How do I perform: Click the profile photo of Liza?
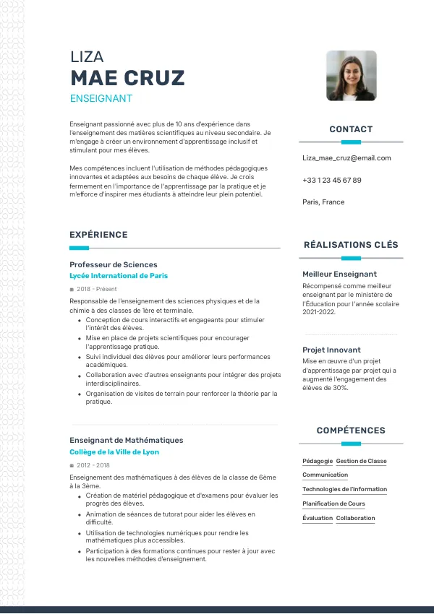pyautogui.click(x=351, y=75)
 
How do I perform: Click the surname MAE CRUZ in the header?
pyautogui.click(x=127, y=78)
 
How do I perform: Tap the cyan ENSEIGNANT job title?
pyautogui.click(x=101, y=98)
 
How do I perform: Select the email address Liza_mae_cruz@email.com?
pyautogui.click(x=346, y=157)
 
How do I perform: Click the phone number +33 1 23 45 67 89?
pyautogui.click(x=332, y=180)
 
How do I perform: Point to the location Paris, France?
pyautogui.click(x=323, y=202)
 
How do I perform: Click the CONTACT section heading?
pyautogui.click(x=351, y=129)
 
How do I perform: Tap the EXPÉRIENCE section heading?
pyautogui.click(x=98, y=234)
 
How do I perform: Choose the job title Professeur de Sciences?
pyautogui.click(x=113, y=264)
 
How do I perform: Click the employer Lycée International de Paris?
pyautogui.click(x=119, y=276)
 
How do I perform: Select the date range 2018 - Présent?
pyautogui.click(x=96, y=289)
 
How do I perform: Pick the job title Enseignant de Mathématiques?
pyautogui.click(x=126, y=440)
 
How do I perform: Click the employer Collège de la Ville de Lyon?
pyautogui.click(x=114, y=452)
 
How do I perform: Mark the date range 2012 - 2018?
pyautogui.click(x=93, y=465)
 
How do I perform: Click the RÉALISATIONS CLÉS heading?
pyautogui.click(x=351, y=245)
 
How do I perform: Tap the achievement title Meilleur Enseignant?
pyautogui.click(x=339, y=274)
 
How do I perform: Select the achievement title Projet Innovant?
pyautogui.click(x=331, y=350)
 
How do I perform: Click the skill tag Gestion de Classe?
pyautogui.click(x=361, y=461)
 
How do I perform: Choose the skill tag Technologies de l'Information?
pyautogui.click(x=344, y=489)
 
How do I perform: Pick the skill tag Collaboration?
pyautogui.click(x=355, y=518)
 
